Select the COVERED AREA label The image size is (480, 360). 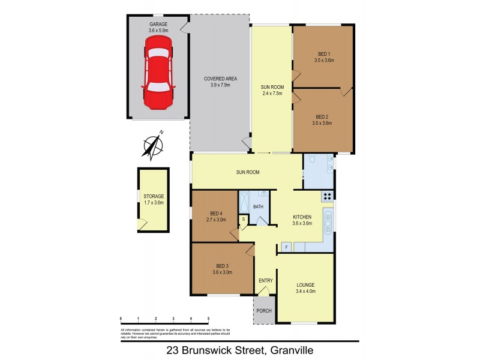(x=220, y=79)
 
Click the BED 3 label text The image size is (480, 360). (x=222, y=266)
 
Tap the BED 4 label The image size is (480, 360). (x=217, y=214)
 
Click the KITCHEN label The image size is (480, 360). (x=301, y=217)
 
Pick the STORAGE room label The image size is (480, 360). (x=154, y=196)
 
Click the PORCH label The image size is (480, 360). (x=264, y=310)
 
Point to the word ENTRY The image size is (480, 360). (x=265, y=280)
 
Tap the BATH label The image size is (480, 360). (x=258, y=206)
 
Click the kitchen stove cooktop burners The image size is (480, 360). (x=327, y=196)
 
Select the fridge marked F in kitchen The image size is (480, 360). (x=286, y=247)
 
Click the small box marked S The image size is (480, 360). (x=244, y=219)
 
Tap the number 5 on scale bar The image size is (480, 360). (x=208, y=318)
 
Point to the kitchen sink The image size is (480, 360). (x=328, y=224)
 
